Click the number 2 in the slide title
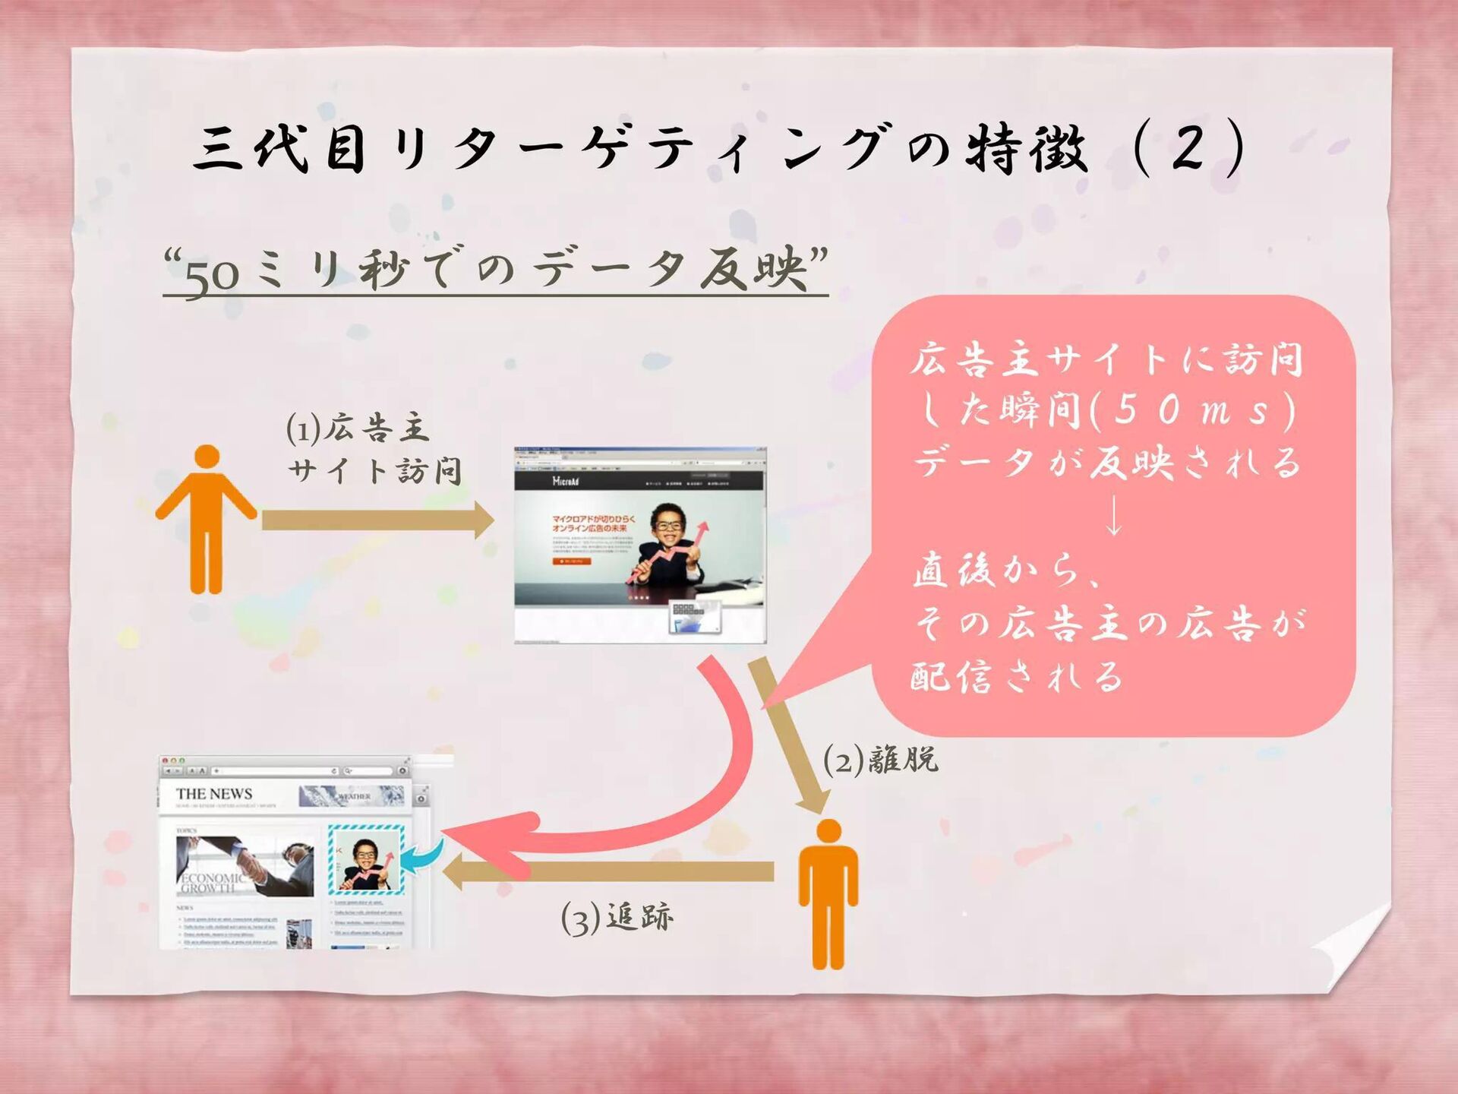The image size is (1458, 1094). pyautogui.click(x=1189, y=148)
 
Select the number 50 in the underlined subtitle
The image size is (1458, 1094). pyautogui.click(x=212, y=278)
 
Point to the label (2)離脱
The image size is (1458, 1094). pyautogui.click(x=882, y=759)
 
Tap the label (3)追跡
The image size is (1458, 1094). pyautogui.click(x=617, y=919)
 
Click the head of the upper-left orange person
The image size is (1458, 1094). pyautogui.click(x=207, y=457)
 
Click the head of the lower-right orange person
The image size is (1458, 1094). pyautogui.click(x=828, y=831)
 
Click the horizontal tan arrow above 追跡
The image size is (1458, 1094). pyautogui.click(x=607, y=871)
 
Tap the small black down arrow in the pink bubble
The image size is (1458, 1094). pyautogui.click(x=1113, y=517)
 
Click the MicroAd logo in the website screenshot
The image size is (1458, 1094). pyautogui.click(x=565, y=481)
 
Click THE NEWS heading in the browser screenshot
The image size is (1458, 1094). pyautogui.click(x=214, y=794)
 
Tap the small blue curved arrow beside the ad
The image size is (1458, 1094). pyautogui.click(x=421, y=859)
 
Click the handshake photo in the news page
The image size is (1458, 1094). pyautogui.click(x=245, y=866)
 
